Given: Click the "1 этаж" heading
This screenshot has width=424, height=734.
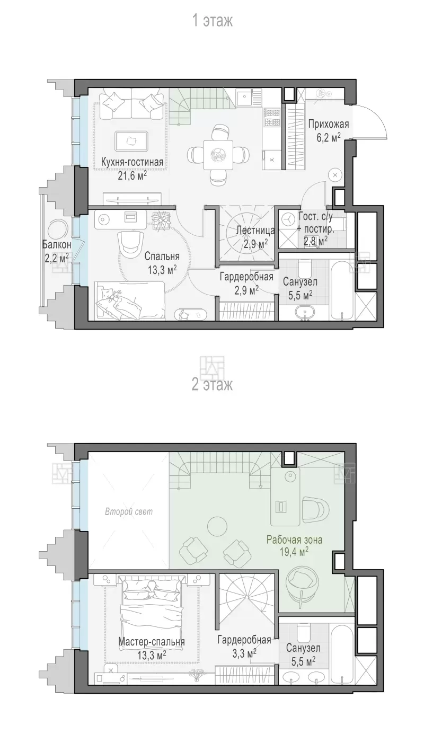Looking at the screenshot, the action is [213, 21].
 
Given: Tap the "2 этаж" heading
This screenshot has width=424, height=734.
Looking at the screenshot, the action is [212, 384].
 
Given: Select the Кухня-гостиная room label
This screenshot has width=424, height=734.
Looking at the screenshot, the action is [132, 162].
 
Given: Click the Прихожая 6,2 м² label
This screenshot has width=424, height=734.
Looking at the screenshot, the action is [328, 130].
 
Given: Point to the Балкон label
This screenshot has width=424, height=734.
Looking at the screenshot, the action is [57, 244].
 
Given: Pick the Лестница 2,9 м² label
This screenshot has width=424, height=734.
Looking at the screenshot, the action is [255, 236].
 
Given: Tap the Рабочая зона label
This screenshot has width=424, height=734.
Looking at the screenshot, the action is [294, 540].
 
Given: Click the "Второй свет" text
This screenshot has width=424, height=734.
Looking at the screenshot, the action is [129, 511].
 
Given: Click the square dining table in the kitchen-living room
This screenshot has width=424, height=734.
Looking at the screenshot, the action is [218, 155].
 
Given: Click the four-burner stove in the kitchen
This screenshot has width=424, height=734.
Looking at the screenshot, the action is [272, 117].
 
